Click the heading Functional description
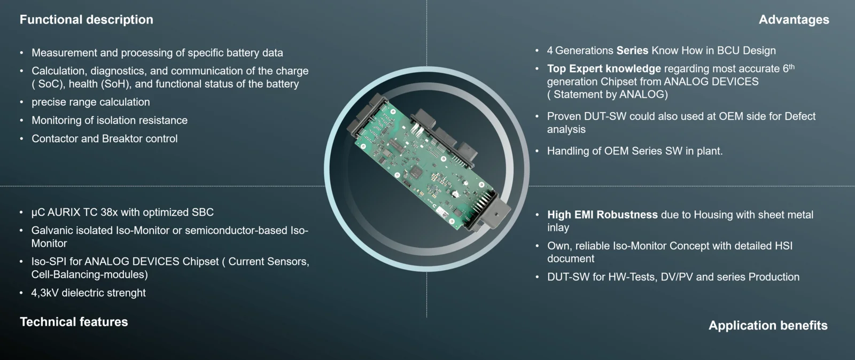(86, 20)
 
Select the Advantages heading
(794, 20)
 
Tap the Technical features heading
(74, 322)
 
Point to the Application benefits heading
(768, 325)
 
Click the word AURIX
(64, 213)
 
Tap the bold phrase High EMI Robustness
(602, 215)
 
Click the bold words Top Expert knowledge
(604, 69)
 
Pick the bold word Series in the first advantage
(633, 51)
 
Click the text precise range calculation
(91, 102)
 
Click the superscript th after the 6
(791, 67)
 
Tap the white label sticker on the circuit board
(443, 213)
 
